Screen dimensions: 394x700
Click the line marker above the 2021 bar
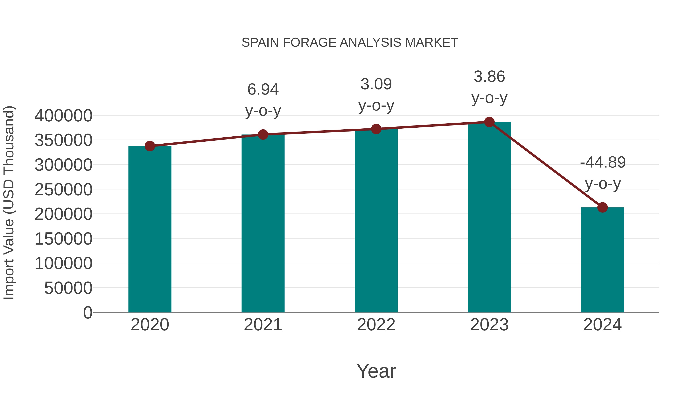coord(263,134)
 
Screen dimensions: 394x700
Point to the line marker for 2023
coord(489,122)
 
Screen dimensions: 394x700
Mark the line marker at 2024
coord(602,207)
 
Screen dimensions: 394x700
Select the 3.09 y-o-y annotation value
coord(376,84)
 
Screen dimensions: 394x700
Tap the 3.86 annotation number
coord(489,76)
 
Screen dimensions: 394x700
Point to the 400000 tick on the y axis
coord(63,116)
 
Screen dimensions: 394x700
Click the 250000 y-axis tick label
coord(63,190)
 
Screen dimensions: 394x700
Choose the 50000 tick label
coord(68,288)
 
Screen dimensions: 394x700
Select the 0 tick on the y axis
coord(88,312)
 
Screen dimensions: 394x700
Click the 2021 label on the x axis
coord(263,325)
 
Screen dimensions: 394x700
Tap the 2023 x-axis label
coord(489,325)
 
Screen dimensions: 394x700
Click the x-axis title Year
coord(376,371)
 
